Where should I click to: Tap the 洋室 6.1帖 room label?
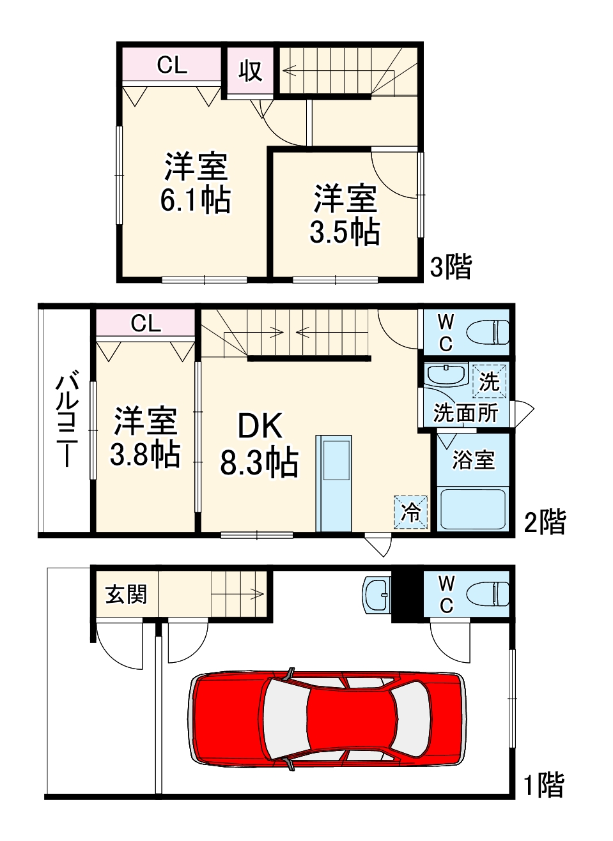click(x=196, y=183)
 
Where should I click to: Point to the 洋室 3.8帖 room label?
click(x=145, y=437)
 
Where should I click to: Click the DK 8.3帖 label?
click(x=260, y=444)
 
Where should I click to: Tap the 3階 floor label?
click(x=451, y=266)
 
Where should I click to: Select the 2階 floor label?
click(x=545, y=522)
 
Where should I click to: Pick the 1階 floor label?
click(x=544, y=785)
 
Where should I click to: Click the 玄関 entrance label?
click(x=126, y=595)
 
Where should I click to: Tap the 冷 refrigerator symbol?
click(x=410, y=512)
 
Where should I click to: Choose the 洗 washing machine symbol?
click(x=489, y=381)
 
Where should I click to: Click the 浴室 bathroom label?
click(x=473, y=460)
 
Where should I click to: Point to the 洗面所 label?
click(x=465, y=413)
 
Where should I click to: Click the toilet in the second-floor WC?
click(x=488, y=332)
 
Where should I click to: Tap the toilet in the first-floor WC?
click(x=488, y=594)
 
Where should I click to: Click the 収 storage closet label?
click(x=251, y=71)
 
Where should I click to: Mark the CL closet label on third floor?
click(x=172, y=64)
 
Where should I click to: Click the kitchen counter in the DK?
click(x=334, y=483)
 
